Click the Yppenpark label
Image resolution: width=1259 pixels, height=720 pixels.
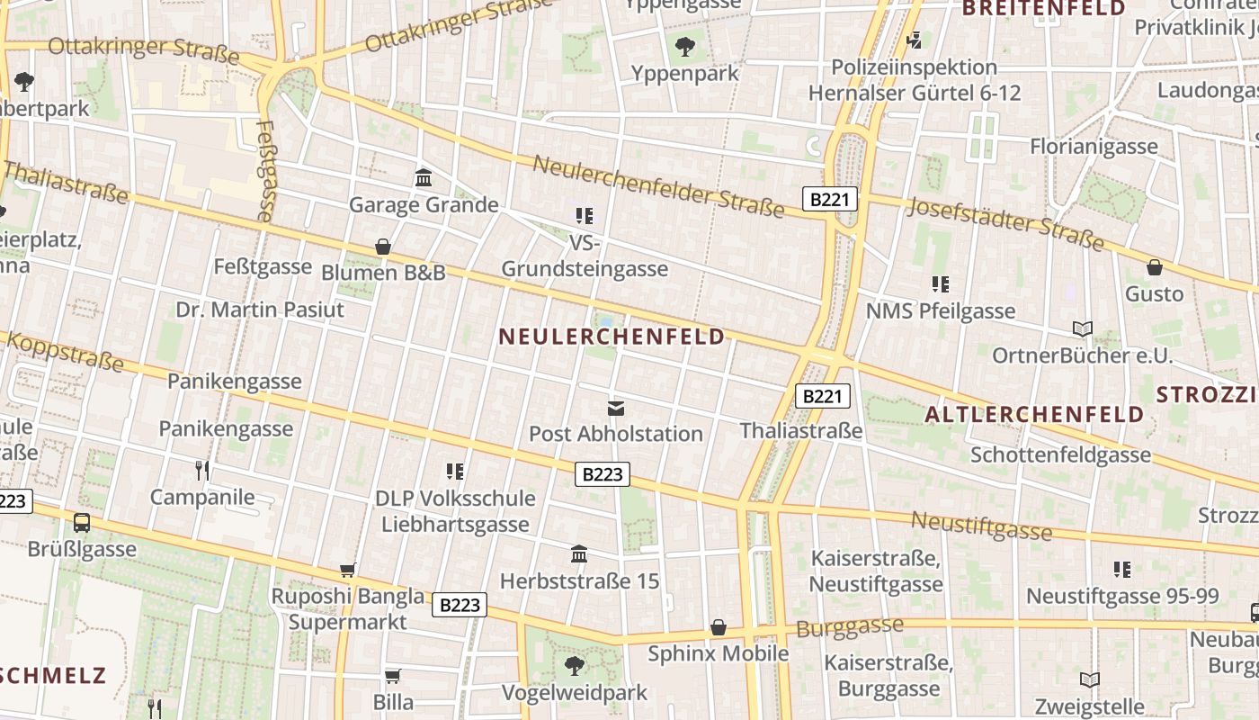pyautogui.click(x=685, y=73)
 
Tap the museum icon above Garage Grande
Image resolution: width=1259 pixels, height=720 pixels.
pyautogui.click(x=424, y=177)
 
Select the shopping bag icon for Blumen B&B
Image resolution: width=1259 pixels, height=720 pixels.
pyautogui.click(x=383, y=247)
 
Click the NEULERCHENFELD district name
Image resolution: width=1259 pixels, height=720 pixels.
pyautogui.click(x=612, y=337)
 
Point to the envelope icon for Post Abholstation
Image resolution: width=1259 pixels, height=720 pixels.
pyautogui.click(x=616, y=408)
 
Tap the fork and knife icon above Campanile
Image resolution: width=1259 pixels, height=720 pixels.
pyautogui.click(x=202, y=470)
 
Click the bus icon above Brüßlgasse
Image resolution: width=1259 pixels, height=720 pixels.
pyautogui.click(x=82, y=522)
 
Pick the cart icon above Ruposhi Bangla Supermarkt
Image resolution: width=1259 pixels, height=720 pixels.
pyautogui.click(x=348, y=569)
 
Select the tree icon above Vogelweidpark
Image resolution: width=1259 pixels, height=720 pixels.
pyautogui.click(x=575, y=666)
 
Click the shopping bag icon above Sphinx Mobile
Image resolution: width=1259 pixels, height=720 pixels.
pyautogui.click(x=719, y=626)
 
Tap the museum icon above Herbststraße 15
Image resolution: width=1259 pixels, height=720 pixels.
pyautogui.click(x=580, y=553)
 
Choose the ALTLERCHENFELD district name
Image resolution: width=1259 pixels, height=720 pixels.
pyautogui.click(x=1034, y=415)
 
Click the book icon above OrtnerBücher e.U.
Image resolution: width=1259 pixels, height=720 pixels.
pyautogui.click(x=1083, y=328)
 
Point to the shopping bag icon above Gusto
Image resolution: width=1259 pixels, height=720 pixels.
pyautogui.click(x=1155, y=267)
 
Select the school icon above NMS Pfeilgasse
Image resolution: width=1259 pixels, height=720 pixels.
pyautogui.click(x=941, y=284)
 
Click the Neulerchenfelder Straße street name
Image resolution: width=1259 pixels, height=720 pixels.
pyautogui.click(x=658, y=186)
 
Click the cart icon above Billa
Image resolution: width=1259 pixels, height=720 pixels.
pyautogui.click(x=393, y=676)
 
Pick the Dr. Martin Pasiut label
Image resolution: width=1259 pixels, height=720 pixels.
pyautogui.click(x=260, y=310)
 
